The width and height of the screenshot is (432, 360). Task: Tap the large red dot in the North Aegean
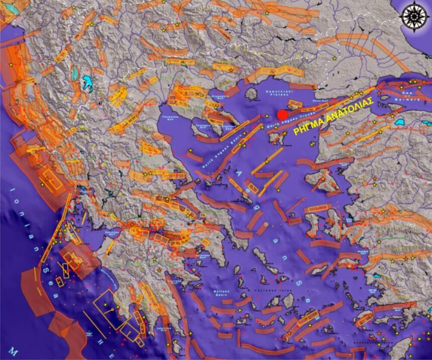click(x=282, y=115)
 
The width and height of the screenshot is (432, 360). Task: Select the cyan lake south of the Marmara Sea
click(x=400, y=122)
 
